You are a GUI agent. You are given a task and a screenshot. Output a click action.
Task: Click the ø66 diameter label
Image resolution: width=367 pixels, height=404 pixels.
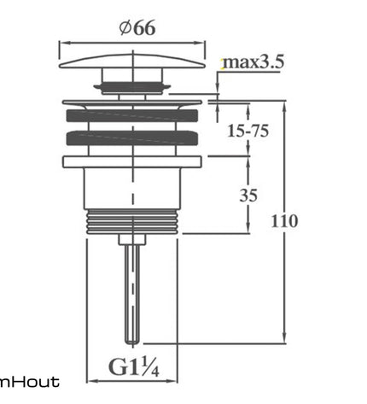click(137, 28)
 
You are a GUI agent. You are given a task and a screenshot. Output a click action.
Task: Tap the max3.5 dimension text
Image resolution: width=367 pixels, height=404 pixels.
click(253, 62)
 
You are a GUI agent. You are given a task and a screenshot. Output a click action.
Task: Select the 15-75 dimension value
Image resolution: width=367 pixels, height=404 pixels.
click(248, 132)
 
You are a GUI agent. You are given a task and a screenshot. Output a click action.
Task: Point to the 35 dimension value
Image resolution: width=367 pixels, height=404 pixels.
click(248, 196)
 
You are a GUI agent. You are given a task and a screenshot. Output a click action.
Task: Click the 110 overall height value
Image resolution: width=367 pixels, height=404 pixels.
click(284, 221)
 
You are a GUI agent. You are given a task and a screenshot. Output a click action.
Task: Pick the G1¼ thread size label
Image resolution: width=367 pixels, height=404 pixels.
click(134, 367)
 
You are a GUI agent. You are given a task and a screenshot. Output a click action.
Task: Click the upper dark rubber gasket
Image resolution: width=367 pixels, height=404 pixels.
click(132, 115)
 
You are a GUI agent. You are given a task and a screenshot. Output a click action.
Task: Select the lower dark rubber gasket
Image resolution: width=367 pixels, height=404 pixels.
click(132, 138)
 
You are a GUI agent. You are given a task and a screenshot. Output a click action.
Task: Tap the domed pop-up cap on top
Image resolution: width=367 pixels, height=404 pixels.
click(132, 61)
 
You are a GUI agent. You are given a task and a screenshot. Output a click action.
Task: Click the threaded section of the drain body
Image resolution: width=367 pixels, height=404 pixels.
click(132, 221)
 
